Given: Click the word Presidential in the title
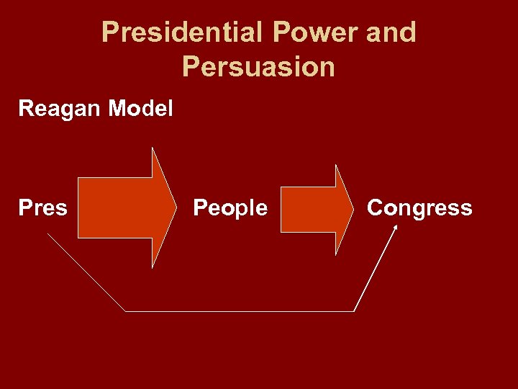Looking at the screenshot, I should [x=183, y=32].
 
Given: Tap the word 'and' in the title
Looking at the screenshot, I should [x=391, y=32].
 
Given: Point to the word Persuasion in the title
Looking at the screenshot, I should [x=258, y=67].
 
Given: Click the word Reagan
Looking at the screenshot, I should [x=60, y=109].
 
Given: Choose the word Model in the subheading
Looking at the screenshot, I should [x=140, y=109].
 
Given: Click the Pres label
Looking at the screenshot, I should [x=42, y=208].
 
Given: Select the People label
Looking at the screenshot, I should [x=230, y=208].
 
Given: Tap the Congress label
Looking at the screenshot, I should [x=419, y=208].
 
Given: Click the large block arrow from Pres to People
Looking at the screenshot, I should [x=122, y=208].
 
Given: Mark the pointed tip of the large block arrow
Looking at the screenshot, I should [x=176, y=208].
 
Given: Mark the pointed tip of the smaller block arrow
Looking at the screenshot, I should [x=357, y=209].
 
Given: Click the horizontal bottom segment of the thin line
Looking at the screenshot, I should [x=240, y=311].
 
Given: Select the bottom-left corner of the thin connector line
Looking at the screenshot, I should [x=126, y=311].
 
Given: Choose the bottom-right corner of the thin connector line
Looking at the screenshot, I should [x=354, y=311].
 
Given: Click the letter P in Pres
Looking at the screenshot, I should [x=24, y=208].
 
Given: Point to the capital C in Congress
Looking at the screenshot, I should [x=375, y=208].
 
